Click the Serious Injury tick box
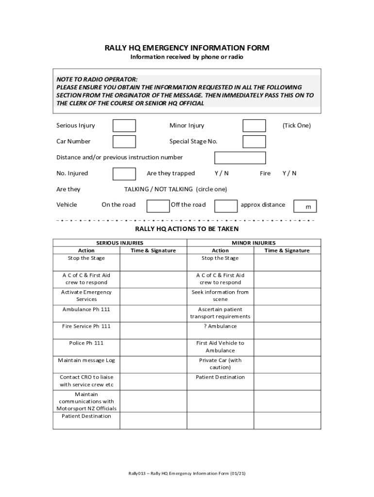coord(124,126)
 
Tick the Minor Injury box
coord(254,126)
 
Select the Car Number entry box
coord(124,142)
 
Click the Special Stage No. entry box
coord(254,142)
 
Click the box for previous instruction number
coord(240,158)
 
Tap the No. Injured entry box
coord(124,174)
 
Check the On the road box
coord(158,206)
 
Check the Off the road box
coord(226,206)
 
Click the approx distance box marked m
coord(305,206)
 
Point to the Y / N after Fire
coord(289,173)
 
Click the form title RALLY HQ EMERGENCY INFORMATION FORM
coord(187,48)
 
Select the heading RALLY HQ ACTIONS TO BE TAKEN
coord(187,229)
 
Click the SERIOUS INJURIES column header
coord(119,243)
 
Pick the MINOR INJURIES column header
coord(254,243)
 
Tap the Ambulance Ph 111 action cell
coord(86,310)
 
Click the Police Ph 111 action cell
coord(86,343)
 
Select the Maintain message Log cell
coord(86,361)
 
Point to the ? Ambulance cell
coord(220,327)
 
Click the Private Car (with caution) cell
coord(220,364)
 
